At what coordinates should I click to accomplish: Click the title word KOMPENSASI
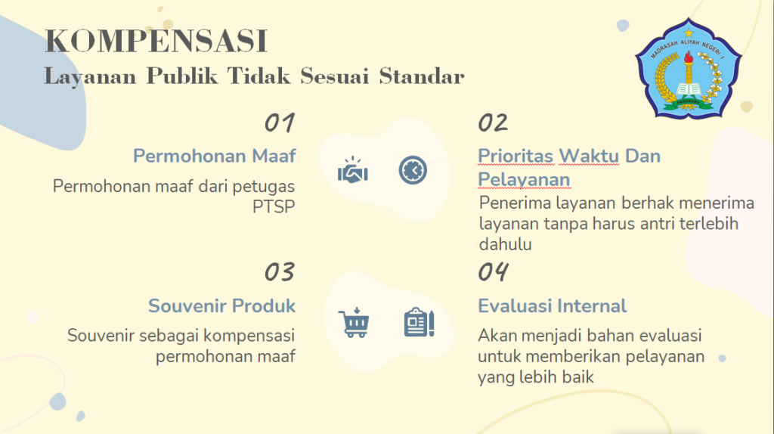(156, 41)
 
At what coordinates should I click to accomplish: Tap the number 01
(280, 123)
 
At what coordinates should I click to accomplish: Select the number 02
(493, 122)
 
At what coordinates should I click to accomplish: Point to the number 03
(280, 272)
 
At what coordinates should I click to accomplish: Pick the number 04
(493, 271)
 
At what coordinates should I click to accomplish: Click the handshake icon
(353, 170)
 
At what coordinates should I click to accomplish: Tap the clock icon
(413, 170)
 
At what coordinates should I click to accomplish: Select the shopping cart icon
(354, 323)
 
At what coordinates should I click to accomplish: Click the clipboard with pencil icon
(419, 322)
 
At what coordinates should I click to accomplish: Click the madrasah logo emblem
(688, 69)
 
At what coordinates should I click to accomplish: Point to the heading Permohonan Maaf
(214, 156)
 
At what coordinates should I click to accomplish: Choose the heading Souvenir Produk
(221, 305)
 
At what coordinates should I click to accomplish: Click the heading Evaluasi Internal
(552, 305)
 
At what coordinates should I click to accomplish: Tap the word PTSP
(274, 206)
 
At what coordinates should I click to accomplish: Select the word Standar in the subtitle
(422, 76)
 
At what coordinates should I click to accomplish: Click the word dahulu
(505, 244)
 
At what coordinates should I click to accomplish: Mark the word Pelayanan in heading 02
(524, 179)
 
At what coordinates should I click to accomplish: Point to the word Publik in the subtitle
(181, 76)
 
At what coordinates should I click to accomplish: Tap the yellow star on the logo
(689, 33)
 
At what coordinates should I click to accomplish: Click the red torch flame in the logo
(688, 57)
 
